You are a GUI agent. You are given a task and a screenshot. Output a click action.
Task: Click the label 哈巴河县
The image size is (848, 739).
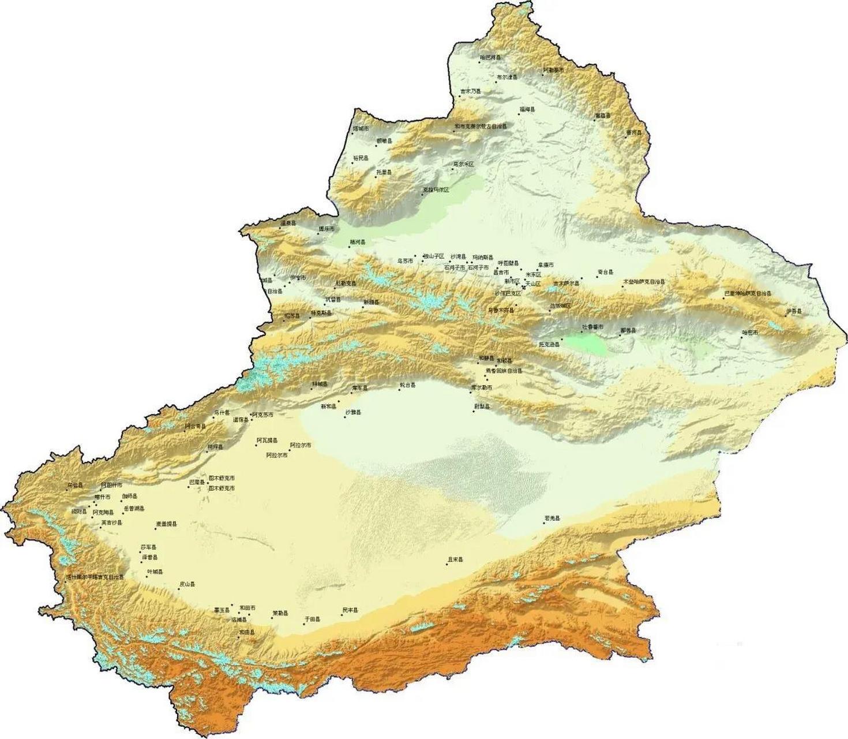click(490, 58)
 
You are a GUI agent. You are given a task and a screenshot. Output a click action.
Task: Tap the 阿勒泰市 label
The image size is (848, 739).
click(554, 70)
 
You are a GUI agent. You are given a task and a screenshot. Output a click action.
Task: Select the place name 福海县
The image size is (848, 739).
click(527, 109)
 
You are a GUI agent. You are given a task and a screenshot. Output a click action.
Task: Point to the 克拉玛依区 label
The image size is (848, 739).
click(436, 189)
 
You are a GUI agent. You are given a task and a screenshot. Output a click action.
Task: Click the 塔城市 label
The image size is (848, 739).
click(361, 128)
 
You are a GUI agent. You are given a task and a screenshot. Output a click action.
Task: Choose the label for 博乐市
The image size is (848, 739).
click(327, 229)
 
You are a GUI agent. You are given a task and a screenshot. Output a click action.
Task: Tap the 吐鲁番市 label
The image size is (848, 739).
click(592, 327)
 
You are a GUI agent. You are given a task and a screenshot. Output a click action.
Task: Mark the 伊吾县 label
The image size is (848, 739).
click(794, 312)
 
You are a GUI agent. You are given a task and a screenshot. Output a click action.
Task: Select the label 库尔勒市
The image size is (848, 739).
click(482, 387)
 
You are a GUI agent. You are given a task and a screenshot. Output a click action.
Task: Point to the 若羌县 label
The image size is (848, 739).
click(552, 518)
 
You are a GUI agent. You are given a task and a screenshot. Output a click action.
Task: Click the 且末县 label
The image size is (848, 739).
click(456, 559)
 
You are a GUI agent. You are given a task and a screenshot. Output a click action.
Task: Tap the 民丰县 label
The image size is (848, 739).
click(350, 610)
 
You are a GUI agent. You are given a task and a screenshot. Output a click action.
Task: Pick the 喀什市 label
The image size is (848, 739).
click(103, 497)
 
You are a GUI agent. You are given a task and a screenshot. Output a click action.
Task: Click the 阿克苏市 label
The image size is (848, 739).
click(263, 415)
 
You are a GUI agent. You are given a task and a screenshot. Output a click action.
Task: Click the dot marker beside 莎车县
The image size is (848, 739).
click(140, 553)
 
